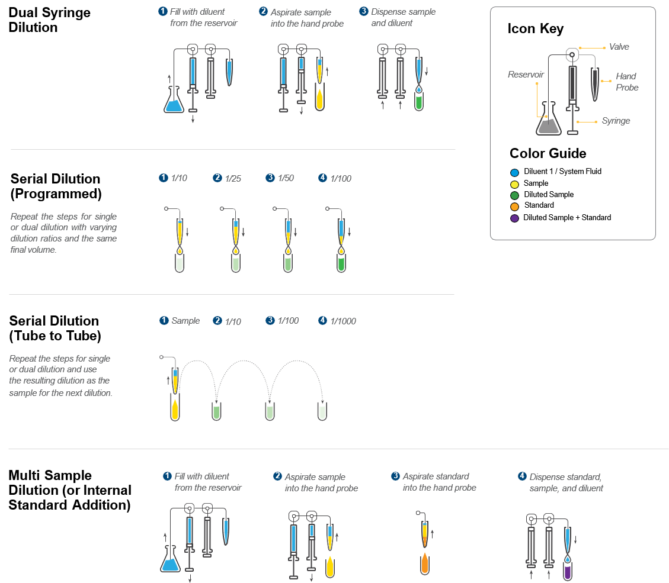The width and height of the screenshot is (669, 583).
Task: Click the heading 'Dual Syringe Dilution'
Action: coord(50,20)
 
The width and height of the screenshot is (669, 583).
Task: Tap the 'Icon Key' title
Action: coord(535,29)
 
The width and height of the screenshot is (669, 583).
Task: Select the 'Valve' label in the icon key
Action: coord(619,47)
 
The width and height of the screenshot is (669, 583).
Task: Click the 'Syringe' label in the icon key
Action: coord(616,121)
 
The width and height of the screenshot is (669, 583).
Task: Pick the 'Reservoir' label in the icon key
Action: coord(526,75)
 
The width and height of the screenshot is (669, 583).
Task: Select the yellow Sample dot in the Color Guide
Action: coord(514,183)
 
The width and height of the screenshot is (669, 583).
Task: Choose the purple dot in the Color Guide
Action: coord(514,218)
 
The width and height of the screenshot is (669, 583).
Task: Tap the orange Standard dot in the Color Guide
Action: coord(514,206)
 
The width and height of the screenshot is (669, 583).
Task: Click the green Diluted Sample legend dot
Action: coord(514,195)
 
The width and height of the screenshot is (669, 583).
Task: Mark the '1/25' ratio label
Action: coord(233,178)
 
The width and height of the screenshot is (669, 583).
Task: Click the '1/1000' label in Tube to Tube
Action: coord(343,321)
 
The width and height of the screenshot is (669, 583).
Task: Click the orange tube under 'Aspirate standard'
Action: coord(424,564)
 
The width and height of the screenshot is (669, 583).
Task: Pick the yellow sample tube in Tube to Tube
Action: coord(175,409)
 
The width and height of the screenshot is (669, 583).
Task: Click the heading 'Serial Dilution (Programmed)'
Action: coord(56,186)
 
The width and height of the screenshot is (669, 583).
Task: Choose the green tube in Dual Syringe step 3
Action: coord(419,102)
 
